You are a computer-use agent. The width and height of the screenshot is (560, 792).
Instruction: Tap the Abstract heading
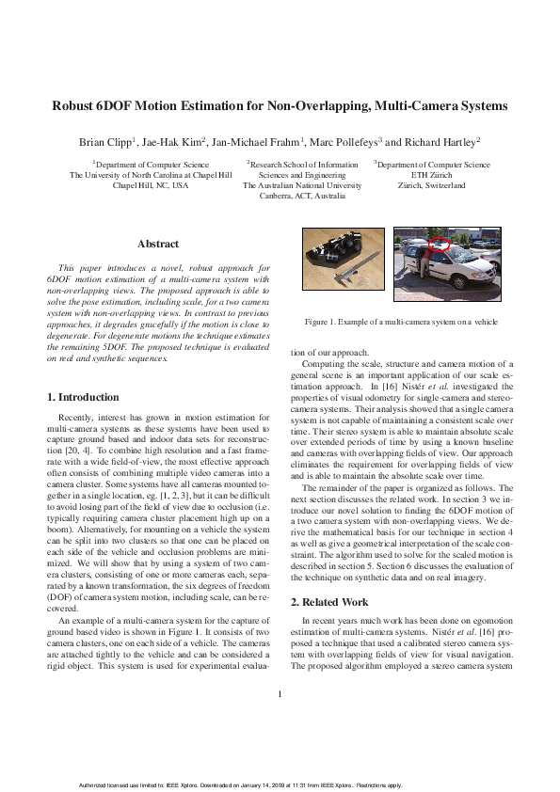157,244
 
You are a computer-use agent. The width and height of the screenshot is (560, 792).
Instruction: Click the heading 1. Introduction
83,398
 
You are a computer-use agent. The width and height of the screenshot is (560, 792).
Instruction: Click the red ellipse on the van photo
440,247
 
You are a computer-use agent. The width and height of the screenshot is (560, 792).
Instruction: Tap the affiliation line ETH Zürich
432,175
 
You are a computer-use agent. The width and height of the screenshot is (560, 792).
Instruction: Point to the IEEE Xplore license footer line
280,784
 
